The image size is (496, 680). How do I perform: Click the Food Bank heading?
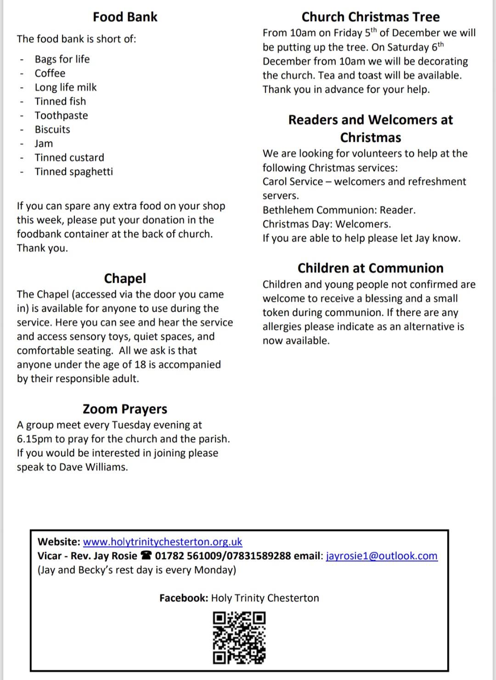click(x=125, y=17)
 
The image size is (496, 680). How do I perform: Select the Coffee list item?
click(x=50, y=73)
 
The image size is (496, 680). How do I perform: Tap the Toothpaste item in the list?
click(x=61, y=116)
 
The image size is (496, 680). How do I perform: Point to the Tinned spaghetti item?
click(x=73, y=172)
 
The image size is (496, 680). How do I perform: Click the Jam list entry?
click(x=44, y=144)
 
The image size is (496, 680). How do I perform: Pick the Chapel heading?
click(x=125, y=278)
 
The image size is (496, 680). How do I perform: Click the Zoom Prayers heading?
click(x=125, y=409)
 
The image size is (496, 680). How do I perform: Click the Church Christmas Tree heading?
click(x=371, y=17)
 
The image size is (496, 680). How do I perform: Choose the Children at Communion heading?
click(x=371, y=268)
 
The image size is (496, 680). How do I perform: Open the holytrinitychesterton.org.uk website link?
click(x=163, y=542)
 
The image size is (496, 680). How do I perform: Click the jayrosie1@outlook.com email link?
click(x=382, y=556)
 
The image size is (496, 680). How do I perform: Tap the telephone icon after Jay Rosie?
click(x=146, y=556)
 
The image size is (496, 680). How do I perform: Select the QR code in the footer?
click(x=239, y=638)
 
